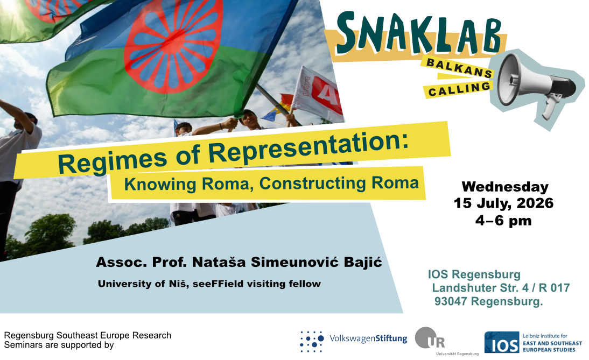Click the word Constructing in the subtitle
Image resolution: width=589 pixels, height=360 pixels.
point(312,183)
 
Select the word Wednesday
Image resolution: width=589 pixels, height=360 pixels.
point(505,187)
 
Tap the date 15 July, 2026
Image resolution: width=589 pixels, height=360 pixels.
point(503,203)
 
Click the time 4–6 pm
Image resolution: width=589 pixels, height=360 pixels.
point(503,220)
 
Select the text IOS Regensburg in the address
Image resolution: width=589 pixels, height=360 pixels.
point(474,274)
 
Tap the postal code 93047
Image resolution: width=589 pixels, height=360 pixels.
point(451,301)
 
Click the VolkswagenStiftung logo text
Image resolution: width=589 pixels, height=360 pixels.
point(368,338)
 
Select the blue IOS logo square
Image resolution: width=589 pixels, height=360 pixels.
point(502,342)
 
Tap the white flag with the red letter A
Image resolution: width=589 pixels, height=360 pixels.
point(318,94)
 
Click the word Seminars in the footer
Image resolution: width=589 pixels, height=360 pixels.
point(22,345)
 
